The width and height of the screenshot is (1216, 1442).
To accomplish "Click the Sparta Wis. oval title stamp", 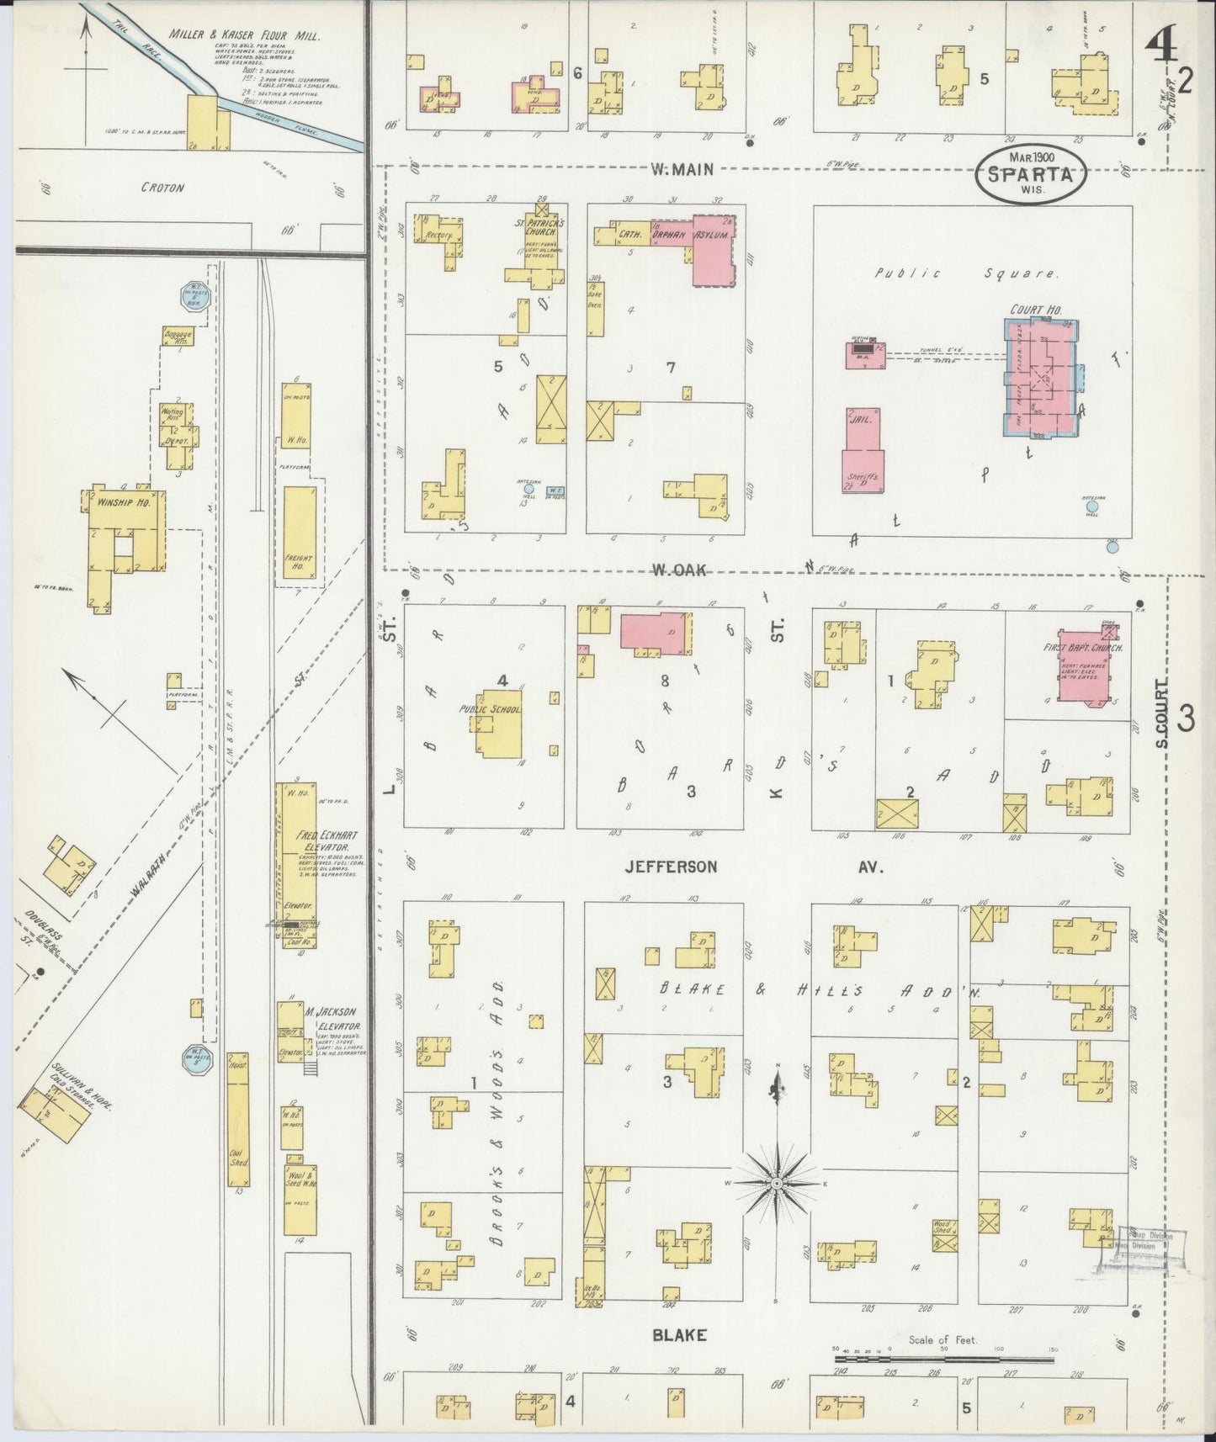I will pyautogui.click(x=1031, y=174).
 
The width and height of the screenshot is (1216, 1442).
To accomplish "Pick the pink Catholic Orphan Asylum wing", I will pyautogui.click(x=712, y=251).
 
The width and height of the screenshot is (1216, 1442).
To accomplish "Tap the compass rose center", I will pyautogui.click(x=778, y=1184).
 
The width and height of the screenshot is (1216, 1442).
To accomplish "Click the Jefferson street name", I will pyautogui.click(x=670, y=866).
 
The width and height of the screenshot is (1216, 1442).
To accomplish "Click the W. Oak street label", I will pyautogui.click(x=677, y=570).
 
